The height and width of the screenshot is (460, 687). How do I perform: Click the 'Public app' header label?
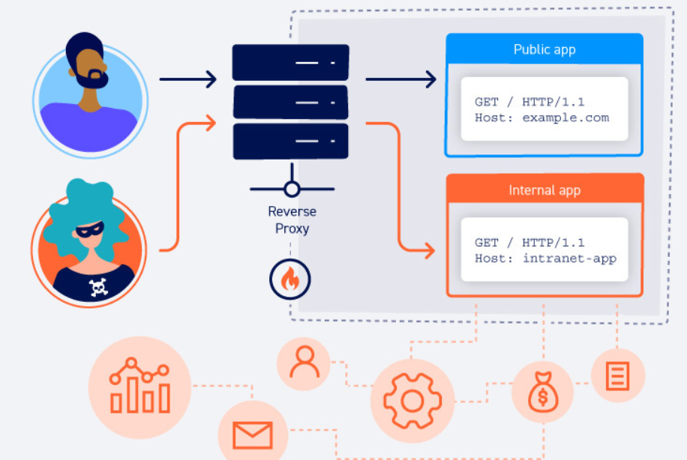(x=544, y=49)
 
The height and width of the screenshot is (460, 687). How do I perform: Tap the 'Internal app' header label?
(x=544, y=190)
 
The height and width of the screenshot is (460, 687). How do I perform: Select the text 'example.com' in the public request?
(x=565, y=118)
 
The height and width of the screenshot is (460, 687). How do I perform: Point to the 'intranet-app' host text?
(x=569, y=258)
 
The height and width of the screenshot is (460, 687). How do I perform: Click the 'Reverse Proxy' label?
(x=292, y=220)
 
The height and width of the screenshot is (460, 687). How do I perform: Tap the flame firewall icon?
(x=290, y=279)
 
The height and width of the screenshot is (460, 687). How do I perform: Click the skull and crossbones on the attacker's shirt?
(x=98, y=288)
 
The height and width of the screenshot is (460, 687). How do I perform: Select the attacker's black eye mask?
(x=90, y=230)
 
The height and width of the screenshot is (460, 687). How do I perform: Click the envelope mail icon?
(x=253, y=435)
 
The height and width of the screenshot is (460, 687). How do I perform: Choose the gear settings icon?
(x=412, y=401)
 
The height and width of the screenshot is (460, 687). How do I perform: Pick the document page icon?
(x=618, y=376)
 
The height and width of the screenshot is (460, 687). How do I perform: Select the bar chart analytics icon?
(x=139, y=386)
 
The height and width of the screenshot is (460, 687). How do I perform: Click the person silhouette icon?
(x=304, y=362)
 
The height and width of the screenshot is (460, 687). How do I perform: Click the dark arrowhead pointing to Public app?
(x=431, y=79)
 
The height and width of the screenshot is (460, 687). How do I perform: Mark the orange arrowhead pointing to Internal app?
(x=429, y=251)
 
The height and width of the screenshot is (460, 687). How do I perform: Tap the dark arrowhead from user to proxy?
(x=211, y=79)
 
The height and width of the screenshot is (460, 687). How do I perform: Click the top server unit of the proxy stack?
(x=290, y=63)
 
